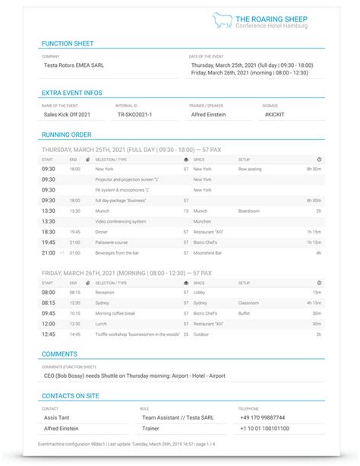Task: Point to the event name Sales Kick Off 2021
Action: click(x=67, y=114)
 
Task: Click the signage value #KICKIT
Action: click(x=276, y=114)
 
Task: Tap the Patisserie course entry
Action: click(x=114, y=242)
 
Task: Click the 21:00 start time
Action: click(x=48, y=252)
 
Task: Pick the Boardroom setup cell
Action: click(x=249, y=210)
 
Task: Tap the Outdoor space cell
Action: click(x=201, y=334)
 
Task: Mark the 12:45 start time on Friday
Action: click(x=48, y=334)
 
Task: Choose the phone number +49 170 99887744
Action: click(x=263, y=418)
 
